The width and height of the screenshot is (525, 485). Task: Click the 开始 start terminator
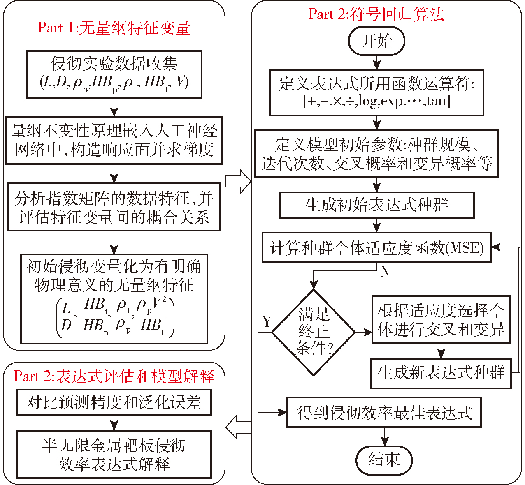click(x=376, y=41)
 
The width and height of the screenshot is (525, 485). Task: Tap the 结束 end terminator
click(x=384, y=459)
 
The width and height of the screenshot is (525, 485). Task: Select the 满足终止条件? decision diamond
click(x=314, y=332)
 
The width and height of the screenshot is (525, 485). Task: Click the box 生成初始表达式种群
click(x=376, y=205)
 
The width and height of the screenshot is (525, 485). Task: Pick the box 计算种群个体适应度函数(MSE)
click(x=376, y=248)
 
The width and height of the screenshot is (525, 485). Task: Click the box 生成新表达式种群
click(x=441, y=373)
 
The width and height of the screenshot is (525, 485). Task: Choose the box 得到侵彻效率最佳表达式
click(x=384, y=412)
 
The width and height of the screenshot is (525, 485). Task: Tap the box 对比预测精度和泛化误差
click(x=114, y=402)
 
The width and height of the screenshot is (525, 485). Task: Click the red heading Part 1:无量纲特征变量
click(x=114, y=28)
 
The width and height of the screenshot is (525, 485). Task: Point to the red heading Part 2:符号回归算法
click(x=376, y=14)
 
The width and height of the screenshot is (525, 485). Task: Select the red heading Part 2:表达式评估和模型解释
click(x=114, y=376)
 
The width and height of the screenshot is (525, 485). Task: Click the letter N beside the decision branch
click(x=385, y=272)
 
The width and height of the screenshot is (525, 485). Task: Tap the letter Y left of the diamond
click(x=267, y=321)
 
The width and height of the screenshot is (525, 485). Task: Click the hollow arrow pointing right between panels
click(x=238, y=180)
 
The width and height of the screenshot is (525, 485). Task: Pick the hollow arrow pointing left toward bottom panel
click(x=238, y=427)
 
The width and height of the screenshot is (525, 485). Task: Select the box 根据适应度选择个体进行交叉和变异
click(x=441, y=319)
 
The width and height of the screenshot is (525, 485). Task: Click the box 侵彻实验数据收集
click(x=114, y=74)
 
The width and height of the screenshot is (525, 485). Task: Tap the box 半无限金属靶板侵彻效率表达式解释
click(x=114, y=454)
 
